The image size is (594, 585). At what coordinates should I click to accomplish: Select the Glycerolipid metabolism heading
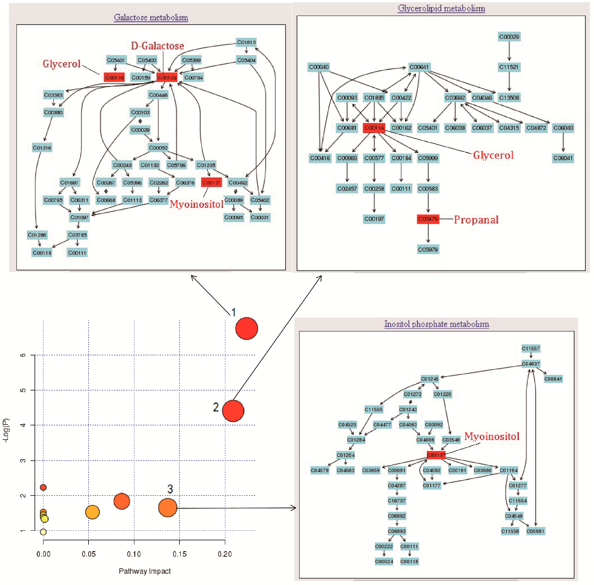[441, 8]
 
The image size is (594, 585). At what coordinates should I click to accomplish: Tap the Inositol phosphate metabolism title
[436, 324]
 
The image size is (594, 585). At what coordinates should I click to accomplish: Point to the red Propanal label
[476, 220]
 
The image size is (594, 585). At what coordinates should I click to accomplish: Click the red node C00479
[428, 219]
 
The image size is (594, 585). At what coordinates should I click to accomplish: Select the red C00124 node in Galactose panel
[167, 77]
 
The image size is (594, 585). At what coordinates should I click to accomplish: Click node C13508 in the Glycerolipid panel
[509, 98]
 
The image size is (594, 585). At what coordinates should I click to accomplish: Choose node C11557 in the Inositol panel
[531, 349]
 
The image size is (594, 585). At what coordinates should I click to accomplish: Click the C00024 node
[384, 561]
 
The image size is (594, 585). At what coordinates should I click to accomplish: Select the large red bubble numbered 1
[246, 328]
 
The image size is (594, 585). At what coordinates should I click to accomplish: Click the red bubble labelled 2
[233, 411]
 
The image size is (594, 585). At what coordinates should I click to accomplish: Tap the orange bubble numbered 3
[167, 508]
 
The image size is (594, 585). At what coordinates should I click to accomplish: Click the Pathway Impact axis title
[145, 571]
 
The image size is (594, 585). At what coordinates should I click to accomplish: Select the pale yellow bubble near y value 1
[43, 532]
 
